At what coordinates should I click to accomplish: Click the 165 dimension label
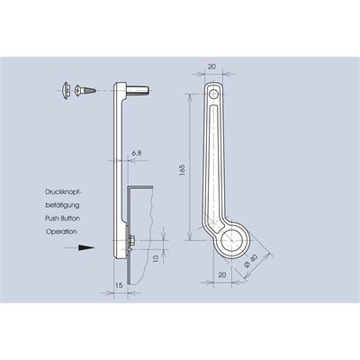pyautogui.click(x=183, y=170)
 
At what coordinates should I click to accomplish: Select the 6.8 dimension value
pyautogui.click(x=136, y=153)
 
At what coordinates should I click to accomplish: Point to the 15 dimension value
pyautogui.click(x=119, y=285)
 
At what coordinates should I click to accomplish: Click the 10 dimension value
pyautogui.click(x=156, y=259)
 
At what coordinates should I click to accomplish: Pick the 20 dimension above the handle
pyautogui.click(x=211, y=67)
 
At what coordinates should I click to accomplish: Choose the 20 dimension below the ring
pyautogui.click(x=222, y=274)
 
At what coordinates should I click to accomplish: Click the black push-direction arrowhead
pyautogui.click(x=86, y=247)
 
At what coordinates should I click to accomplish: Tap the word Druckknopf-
pyautogui.click(x=63, y=192)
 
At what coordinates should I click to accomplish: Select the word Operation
pyautogui.click(x=61, y=231)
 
